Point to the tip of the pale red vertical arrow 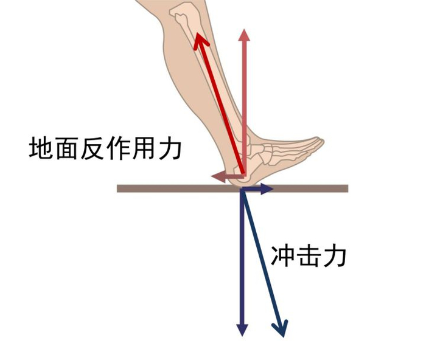(244, 34)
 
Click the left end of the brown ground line (119, 189)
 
